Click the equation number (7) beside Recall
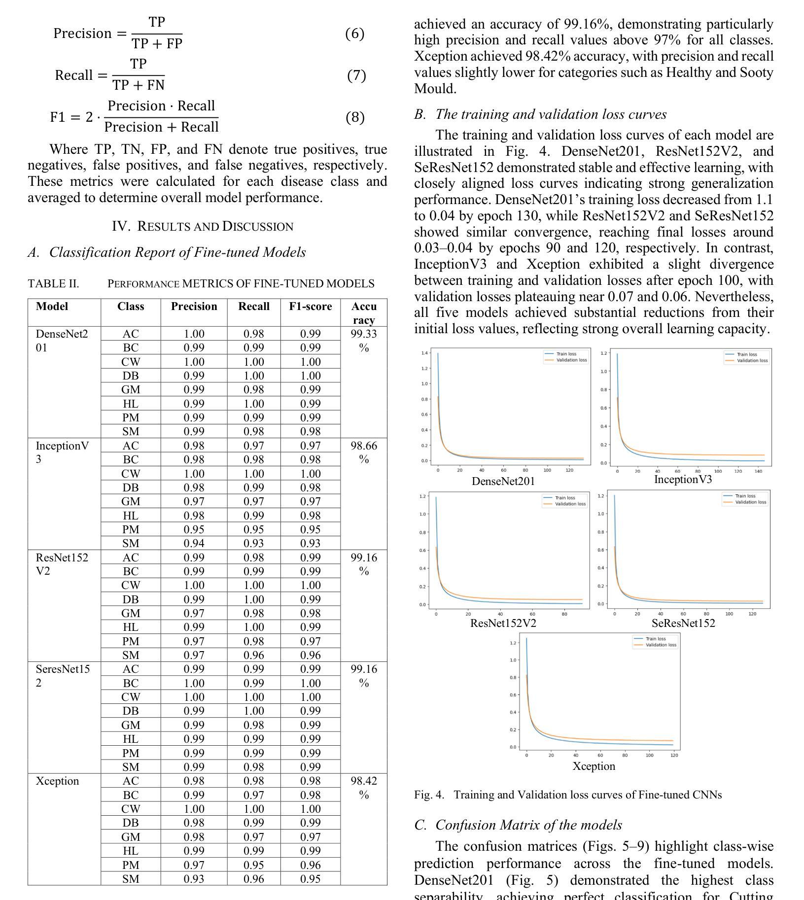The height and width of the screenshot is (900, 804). coord(356,75)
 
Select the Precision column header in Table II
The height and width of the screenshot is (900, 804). coord(194,307)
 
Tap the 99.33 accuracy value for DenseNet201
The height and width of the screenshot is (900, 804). coord(364,334)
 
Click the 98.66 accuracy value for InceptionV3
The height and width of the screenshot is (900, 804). coord(364,446)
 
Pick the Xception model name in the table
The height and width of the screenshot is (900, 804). coord(57,781)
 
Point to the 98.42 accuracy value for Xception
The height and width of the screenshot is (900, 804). coord(364,781)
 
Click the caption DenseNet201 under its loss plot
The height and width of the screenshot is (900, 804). coord(503,481)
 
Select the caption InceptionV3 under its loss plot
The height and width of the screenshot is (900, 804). coord(683,480)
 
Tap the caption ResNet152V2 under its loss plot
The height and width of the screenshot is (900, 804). coord(503,623)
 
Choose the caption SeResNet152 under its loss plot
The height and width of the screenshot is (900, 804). coord(683,623)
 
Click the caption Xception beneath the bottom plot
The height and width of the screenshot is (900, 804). coord(594,766)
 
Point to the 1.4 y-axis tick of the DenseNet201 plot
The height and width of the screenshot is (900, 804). coord(424,353)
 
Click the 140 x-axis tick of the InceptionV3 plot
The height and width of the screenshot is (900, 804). coord(758,471)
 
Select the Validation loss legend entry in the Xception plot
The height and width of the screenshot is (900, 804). coord(661,645)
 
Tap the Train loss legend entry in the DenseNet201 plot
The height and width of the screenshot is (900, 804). coord(566,354)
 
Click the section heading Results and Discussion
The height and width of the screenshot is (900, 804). coord(203,226)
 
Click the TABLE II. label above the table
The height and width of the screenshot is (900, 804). coord(53,284)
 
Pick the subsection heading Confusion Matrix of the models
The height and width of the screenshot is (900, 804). coord(528,825)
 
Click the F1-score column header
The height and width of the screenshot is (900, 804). coord(310,307)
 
